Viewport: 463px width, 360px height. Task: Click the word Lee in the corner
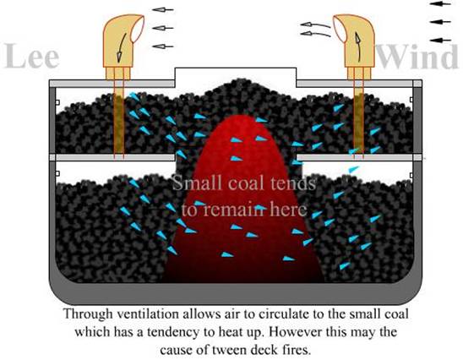32,56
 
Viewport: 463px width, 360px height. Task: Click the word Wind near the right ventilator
417,57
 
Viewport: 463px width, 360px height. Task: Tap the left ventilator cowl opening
138,29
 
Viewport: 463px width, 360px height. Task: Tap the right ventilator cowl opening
340,29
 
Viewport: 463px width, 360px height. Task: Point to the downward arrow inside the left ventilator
121,47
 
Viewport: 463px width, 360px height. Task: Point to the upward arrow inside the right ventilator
358,46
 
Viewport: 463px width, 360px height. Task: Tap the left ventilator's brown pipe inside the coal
118,124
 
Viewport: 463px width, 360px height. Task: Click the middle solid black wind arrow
440,22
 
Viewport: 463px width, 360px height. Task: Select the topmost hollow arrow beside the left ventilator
163,10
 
